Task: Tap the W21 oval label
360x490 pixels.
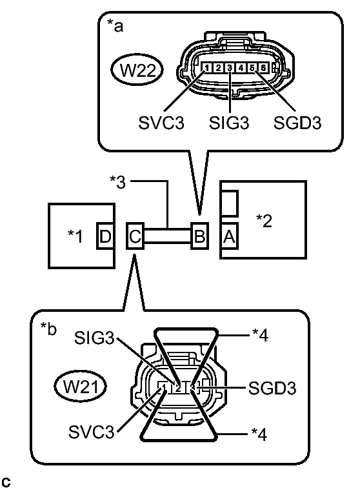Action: pos(80,387)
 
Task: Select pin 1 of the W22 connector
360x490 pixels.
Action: pos(207,68)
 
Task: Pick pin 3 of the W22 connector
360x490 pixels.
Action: pos(230,68)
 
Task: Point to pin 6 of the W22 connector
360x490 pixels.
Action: pos(263,68)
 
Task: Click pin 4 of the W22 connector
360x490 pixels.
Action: pos(241,68)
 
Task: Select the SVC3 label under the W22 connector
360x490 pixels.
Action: pos(161,123)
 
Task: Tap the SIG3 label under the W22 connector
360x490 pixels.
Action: pos(229,123)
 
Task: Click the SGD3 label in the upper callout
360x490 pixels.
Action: pos(297,123)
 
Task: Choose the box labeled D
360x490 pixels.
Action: pos(105,236)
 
